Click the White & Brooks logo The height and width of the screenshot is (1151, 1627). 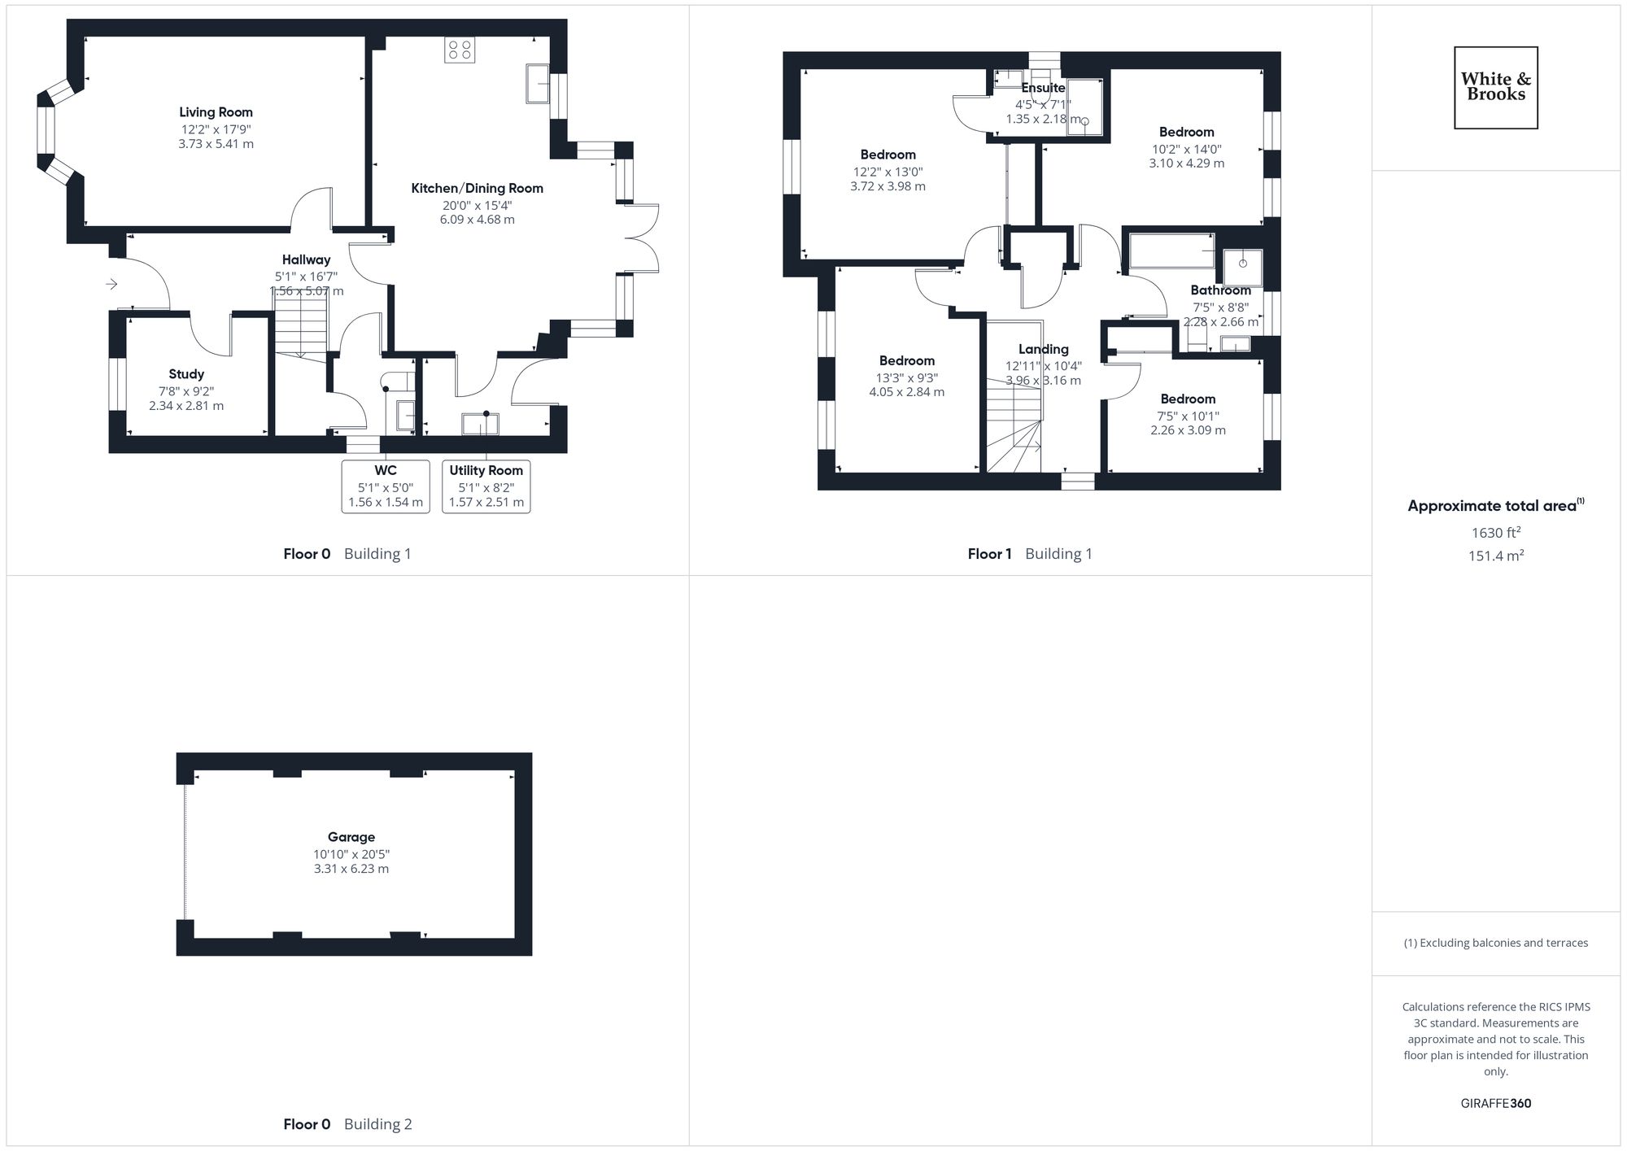pyautogui.click(x=1495, y=88)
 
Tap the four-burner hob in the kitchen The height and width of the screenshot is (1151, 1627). pyautogui.click(x=459, y=50)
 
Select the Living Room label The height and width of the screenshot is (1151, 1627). pyautogui.click(x=216, y=112)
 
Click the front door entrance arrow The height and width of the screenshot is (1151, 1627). pyautogui.click(x=112, y=284)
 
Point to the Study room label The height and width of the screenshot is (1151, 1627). pyautogui.click(x=186, y=374)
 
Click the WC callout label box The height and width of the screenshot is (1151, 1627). pyautogui.click(x=386, y=486)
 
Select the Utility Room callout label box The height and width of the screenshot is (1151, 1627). pyautogui.click(x=486, y=486)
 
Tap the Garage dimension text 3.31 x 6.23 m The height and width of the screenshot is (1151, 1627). pyautogui.click(x=351, y=869)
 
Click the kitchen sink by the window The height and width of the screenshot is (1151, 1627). pyautogui.click(x=538, y=84)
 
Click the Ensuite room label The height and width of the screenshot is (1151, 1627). pyautogui.click(x=1043, y=88)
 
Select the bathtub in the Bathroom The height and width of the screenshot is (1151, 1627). pyautogui.click(x=1171, y=251)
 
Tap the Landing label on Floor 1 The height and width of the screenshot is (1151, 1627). pyautogui.click(x=1043, y=349)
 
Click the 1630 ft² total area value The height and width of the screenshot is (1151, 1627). pyautogui.click(x=1495, y=533)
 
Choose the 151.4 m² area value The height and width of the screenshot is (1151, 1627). pyautogui.click(x=1495, y=556)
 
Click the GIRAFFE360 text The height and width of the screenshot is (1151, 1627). pyautogui.click(x=1495, y=1104)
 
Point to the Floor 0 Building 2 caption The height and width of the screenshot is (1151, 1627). pyautogui.click(x=347, y=1124)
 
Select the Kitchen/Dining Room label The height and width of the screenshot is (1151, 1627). pyautogui.click(x=477, y=188)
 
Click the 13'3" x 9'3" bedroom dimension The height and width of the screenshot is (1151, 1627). pyautogui.click(x=906, y=377)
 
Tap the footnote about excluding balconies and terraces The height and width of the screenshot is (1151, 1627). pyautogui.click(x=1495, y=943)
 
